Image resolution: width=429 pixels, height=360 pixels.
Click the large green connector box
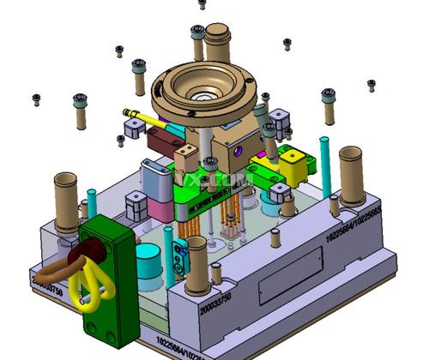click(109, 283)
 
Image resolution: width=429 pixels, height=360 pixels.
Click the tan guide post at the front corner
click(196, 266)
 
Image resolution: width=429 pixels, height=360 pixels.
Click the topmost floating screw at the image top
click(202, 3)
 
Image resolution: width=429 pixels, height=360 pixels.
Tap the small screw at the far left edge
click(36, 99)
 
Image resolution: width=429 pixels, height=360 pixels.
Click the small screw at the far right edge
click(372, 84)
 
